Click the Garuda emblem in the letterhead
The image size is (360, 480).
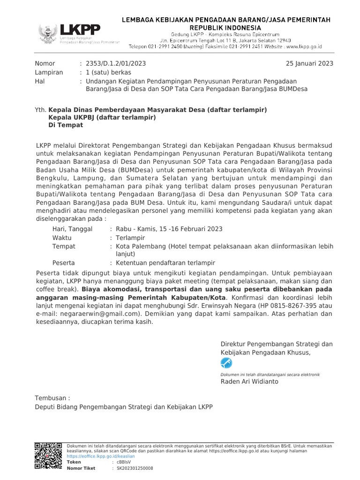click(48, 34)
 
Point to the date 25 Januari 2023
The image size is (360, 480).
click(310, 64)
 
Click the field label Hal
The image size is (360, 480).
click(40, 81)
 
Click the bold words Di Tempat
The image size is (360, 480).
click(66, 125)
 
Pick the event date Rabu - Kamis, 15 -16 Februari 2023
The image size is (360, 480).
click(169, 229)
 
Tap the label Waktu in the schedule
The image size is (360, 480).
click(62, 238)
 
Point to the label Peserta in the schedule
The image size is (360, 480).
click(63, 263)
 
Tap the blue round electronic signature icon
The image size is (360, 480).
click(226, 363)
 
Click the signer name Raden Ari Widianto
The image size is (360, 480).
click(249, 382)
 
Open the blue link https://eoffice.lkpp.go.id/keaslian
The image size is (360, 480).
click(101, 456)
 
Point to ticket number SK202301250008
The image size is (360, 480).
click(135, 468)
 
